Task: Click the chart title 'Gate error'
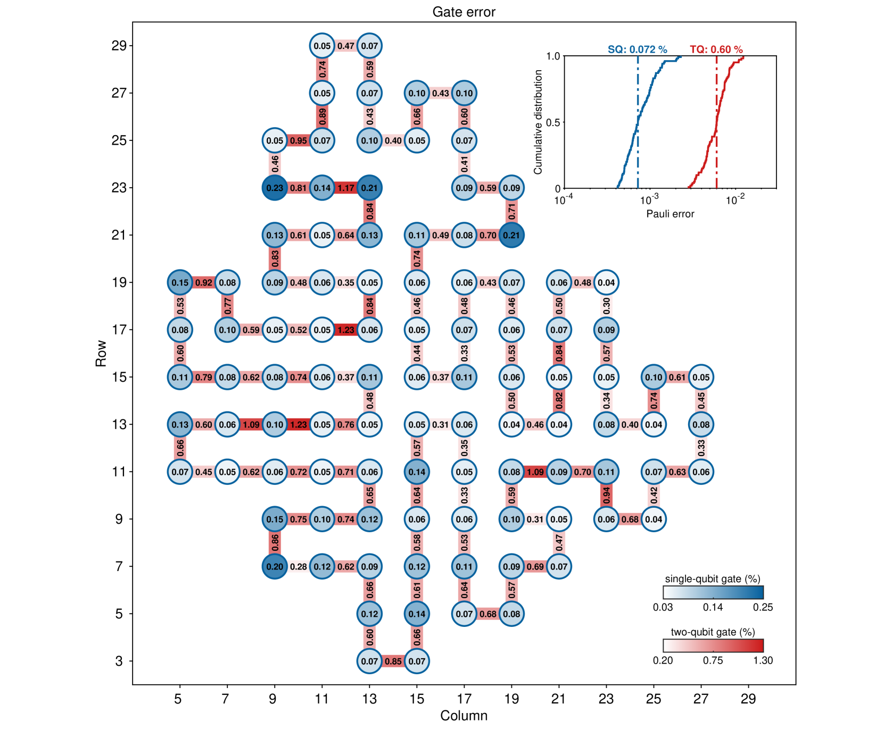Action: (464, 12)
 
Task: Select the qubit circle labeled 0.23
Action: (275, 188)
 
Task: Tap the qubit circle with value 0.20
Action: (275, 566)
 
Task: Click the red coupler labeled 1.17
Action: (346, 188)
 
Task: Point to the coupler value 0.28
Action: (299, 566)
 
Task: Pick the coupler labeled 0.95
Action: (299, 140)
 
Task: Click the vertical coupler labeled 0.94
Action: (606, 496)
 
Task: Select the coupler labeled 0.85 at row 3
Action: (393, 661)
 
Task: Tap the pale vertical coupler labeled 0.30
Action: (606, 306)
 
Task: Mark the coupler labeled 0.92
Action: (204, 282)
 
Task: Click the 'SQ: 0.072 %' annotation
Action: (637, 49)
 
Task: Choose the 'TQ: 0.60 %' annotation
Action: (716, 49)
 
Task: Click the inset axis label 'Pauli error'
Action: (670, 214)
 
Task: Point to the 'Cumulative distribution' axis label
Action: (538, 122)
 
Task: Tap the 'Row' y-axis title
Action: (101, 354)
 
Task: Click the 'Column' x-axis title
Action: (464, 715)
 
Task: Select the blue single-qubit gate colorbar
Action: (713, 592)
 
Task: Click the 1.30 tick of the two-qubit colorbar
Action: (763, 660)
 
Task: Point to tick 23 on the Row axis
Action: (119, 188)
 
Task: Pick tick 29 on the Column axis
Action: (748, 698)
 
